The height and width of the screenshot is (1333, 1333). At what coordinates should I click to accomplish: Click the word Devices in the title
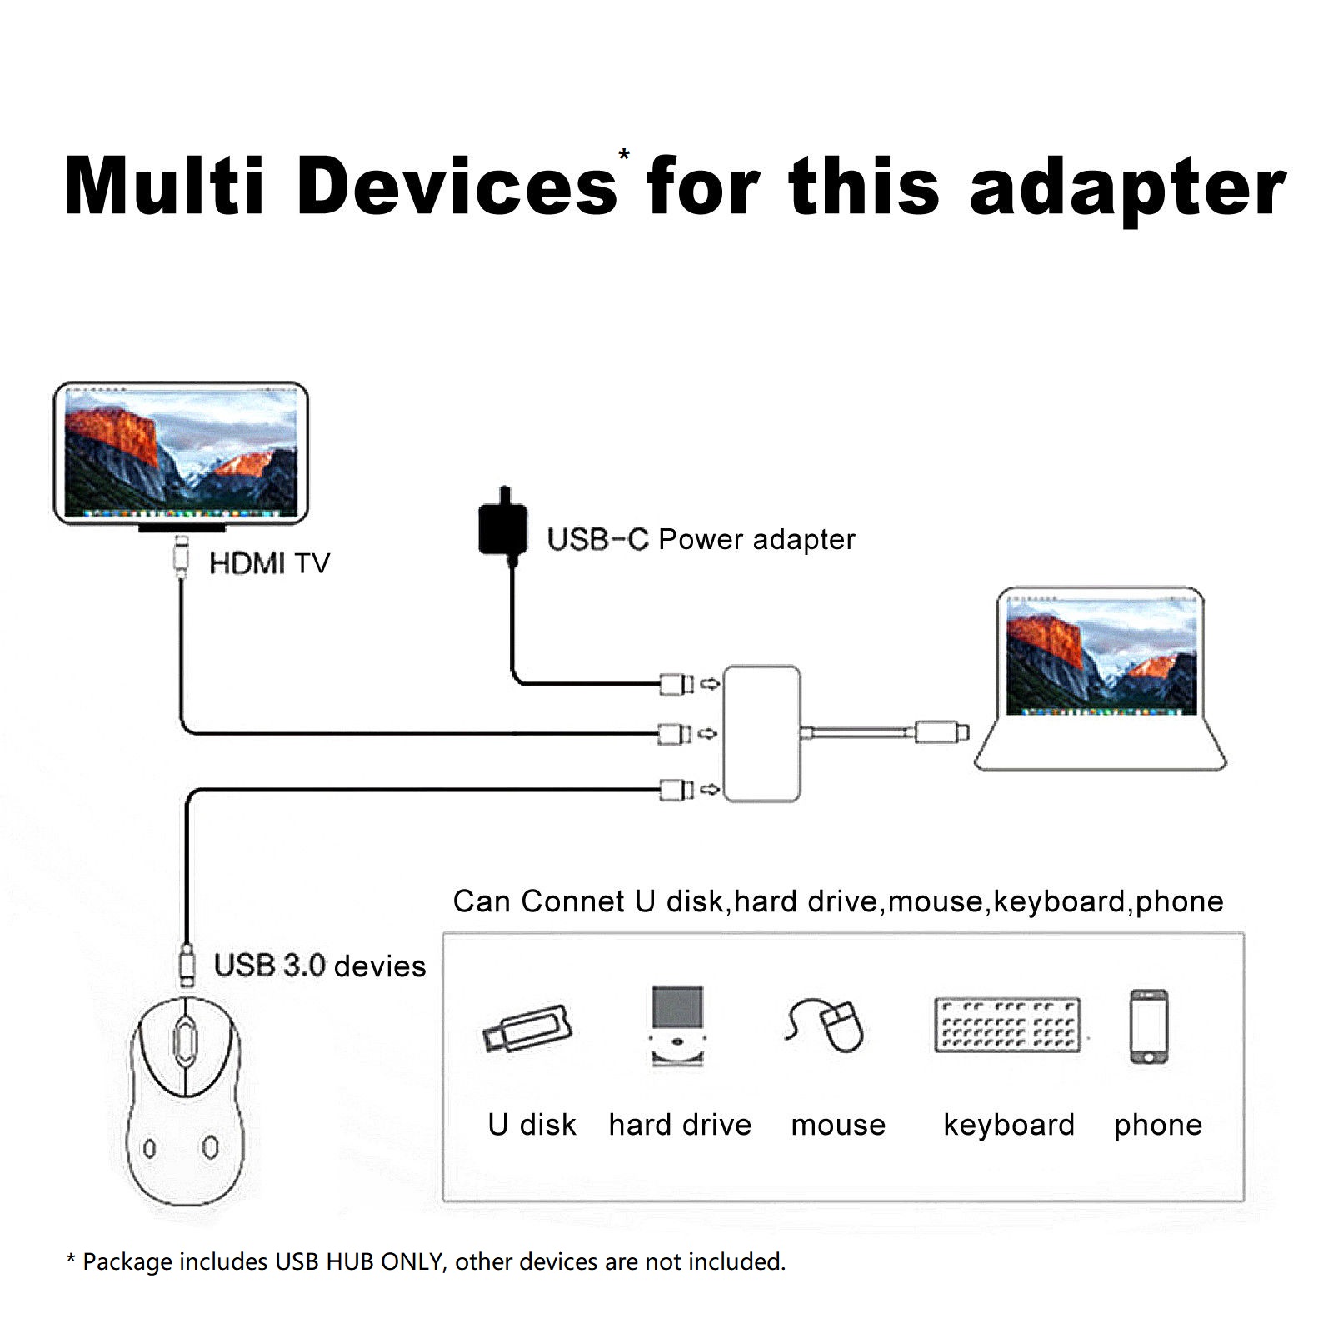point(456,186)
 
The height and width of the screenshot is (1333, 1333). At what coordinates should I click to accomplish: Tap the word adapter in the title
point(1128,189)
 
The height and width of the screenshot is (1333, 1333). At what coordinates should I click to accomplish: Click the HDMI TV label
point(269,563)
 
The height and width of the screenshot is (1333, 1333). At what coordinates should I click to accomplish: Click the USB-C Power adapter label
point(701,539)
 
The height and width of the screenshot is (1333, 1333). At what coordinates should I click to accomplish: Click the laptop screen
point(1101,657)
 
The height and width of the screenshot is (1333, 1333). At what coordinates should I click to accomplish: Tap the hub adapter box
point(762,733)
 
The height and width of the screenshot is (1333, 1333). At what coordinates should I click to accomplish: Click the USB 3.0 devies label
point(320,966)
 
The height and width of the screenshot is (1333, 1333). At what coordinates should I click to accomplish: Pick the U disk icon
point(527,1029)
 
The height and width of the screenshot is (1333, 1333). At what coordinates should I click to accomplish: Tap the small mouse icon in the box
point(826,1025)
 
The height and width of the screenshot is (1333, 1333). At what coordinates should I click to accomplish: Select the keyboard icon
point(1007,1024)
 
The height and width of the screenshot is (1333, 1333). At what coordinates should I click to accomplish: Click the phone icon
point(1149,1027)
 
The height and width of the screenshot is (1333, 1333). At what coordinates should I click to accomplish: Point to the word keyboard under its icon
point(1009,1125)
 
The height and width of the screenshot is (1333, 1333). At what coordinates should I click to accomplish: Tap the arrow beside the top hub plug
point(709,684)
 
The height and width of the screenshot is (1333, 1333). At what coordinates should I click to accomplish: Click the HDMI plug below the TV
point(181,556)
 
